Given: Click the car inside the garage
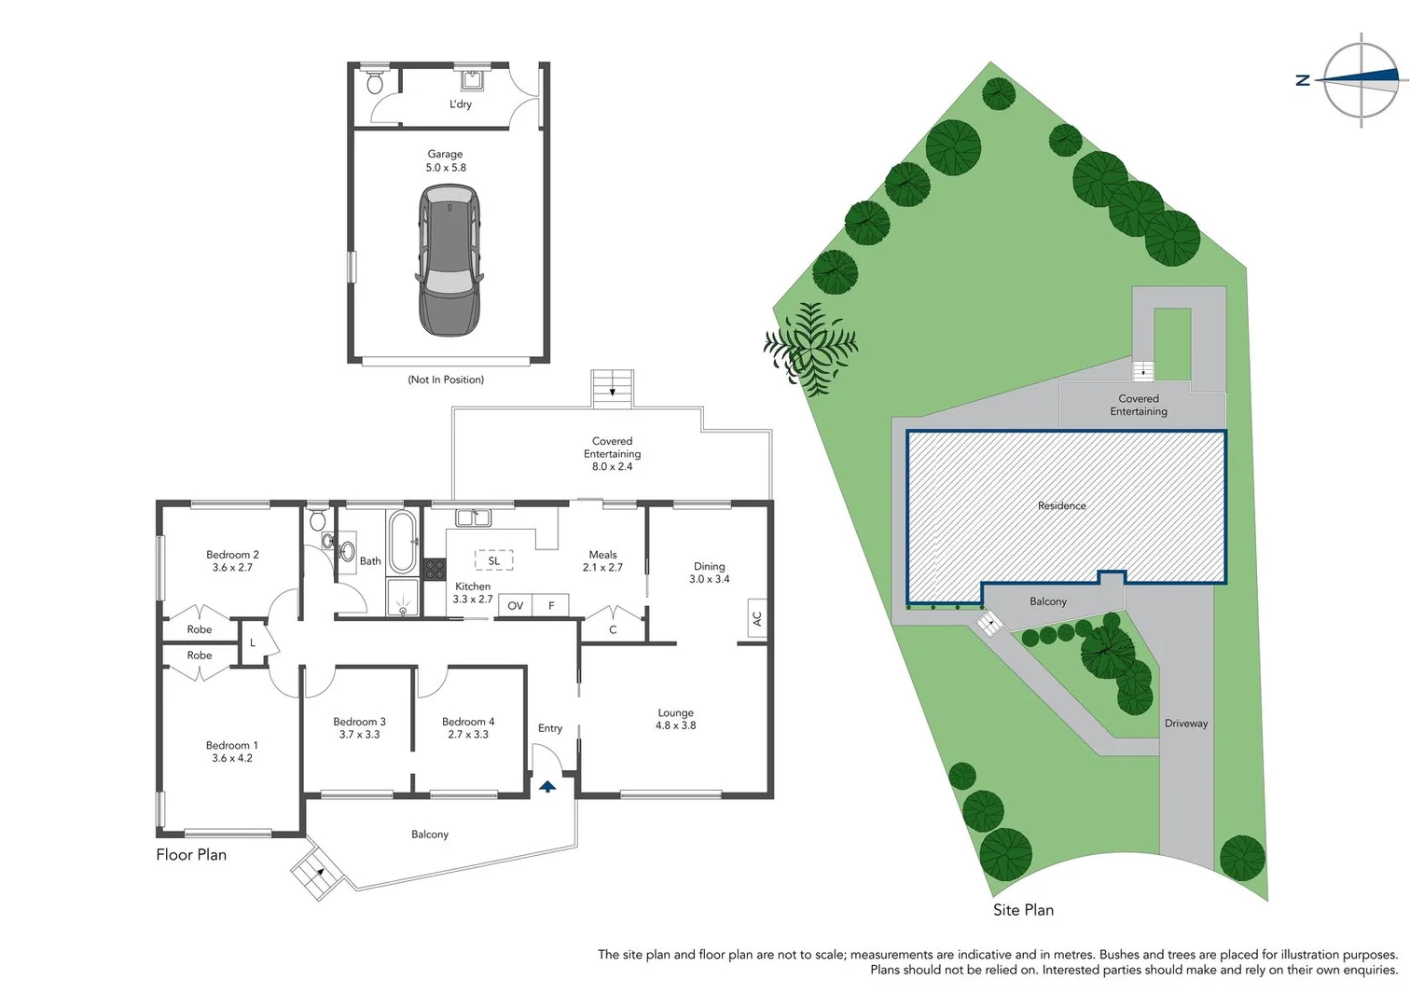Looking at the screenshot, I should (x=449, y=259).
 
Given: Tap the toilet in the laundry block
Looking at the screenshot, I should (x=376, y=82).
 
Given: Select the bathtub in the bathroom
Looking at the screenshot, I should (x=402, y=542).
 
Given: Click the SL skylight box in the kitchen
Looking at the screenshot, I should (x=493, y=560).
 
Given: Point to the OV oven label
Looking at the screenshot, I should (x=515, y=606).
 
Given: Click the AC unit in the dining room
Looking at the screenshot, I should (x=756, y=618).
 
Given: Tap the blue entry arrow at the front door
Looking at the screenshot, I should (x=547, y=787).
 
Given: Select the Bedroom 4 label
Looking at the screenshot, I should (x=468, y=722).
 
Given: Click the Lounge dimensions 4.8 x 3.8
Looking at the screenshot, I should (x=675, y=725).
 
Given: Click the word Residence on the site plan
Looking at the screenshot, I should (x=1061, y=506).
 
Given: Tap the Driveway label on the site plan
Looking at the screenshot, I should (x=1185, y=724).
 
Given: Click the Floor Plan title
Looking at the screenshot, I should (x=191, y=855).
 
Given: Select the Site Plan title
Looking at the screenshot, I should (x=1023, y=910).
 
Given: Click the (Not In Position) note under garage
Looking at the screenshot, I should (x=446, y=379).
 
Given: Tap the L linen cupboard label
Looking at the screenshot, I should (x=253, y=643).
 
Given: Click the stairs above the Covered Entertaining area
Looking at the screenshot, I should (x=612, y=388).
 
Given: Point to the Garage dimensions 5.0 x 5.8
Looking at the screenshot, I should (x=446, y=168).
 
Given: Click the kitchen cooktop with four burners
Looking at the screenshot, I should (x=435, y=569).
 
